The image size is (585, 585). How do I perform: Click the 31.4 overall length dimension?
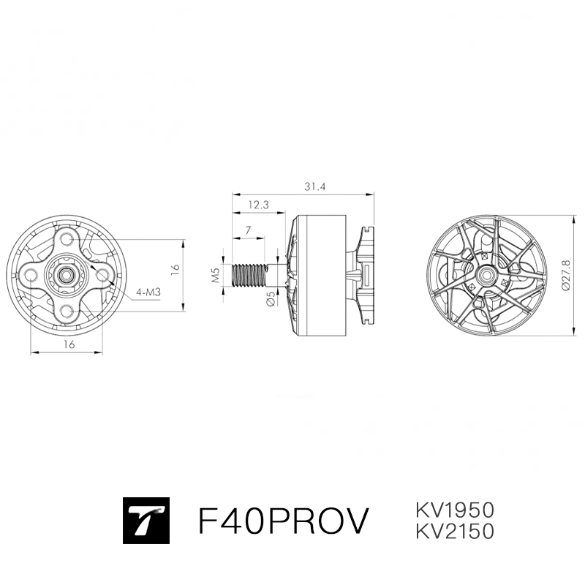click(314, 186)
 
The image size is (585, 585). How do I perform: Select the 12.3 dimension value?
click(258, 205)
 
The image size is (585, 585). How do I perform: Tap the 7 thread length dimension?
click(249, 230)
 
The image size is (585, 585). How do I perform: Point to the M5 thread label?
click(215, 276)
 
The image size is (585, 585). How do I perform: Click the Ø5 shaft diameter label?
click(271, 299)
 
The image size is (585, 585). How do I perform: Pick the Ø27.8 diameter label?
click(565, 276)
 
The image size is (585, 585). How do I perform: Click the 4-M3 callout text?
click(148, 292)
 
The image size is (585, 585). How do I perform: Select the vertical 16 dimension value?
click(175, 270)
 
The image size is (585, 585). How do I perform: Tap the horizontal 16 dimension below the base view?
click(69, 344)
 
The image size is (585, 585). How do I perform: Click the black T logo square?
click(146, 521)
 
